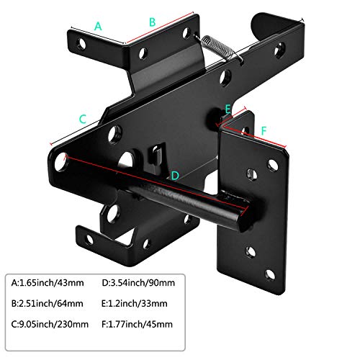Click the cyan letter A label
(98, 26)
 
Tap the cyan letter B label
(152, 22)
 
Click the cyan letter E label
(228, 109)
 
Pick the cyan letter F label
(264, 131)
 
